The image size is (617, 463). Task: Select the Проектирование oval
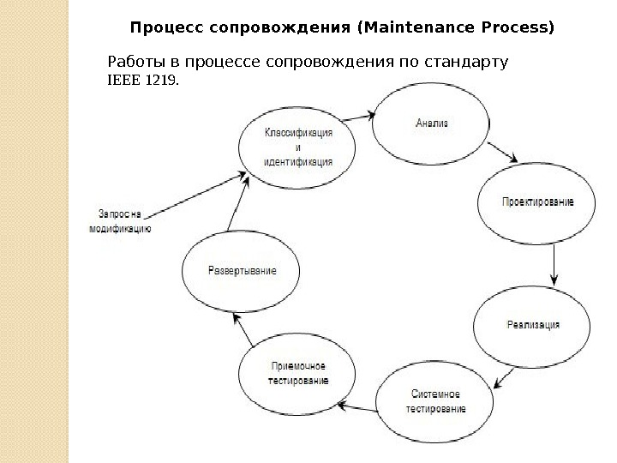click(536, 203)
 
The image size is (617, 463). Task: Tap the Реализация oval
click(533, 325)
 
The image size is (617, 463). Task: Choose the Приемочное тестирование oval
click(293, 374)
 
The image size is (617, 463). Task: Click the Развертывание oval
click(242, 271)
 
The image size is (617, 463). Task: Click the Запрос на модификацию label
click(121, 221)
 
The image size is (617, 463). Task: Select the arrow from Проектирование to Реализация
click(554, 266)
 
